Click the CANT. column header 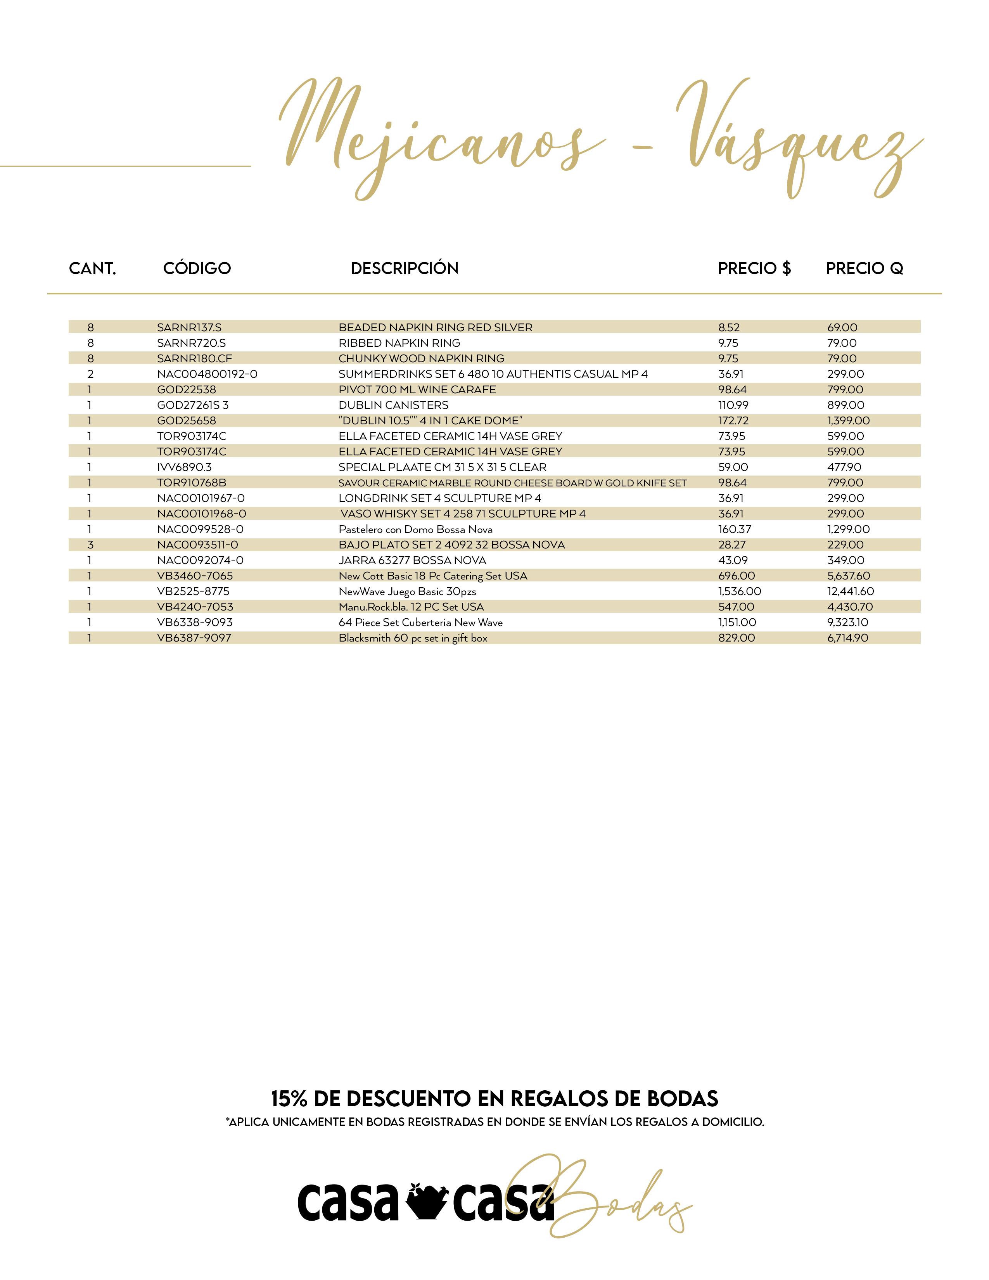point(93,268)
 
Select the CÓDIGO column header point(197,268)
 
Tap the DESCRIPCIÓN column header point(404,268)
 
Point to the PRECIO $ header point(754,268)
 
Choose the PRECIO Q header point(864,268)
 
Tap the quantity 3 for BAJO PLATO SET point(90,545)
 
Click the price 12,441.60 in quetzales point(850,592)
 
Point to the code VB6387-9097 point(194,638)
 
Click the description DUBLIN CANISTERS point(393,405)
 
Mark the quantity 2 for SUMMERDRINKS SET point(90,374)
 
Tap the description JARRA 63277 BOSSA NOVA point(412,560)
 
